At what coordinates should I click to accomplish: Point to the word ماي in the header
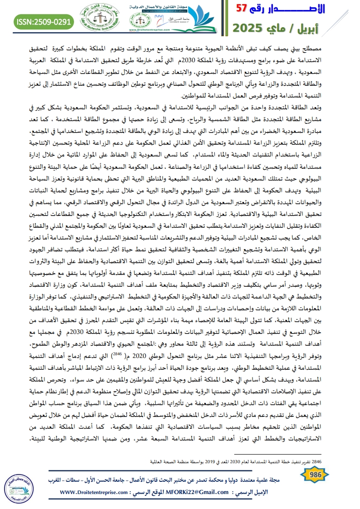click(x=297, y=28)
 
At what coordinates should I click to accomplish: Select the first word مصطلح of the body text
click(x=339, y=49)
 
